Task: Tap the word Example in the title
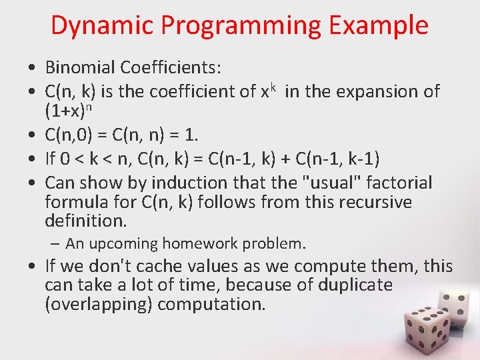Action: pos(378,25)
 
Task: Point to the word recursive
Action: pos(374,201)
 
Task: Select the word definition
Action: pos(85,220)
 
